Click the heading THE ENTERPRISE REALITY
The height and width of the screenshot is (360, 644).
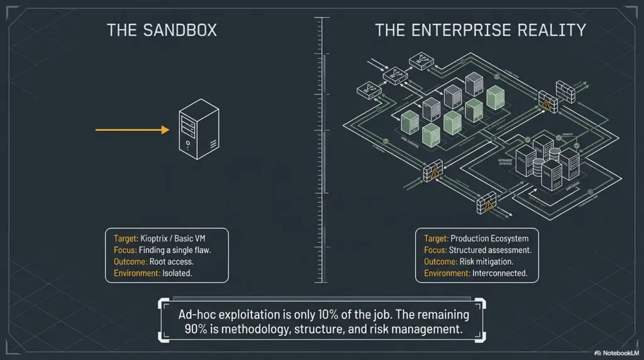click(480, 30)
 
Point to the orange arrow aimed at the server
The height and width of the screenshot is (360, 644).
click(133, 130)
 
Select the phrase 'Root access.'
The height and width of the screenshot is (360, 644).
click(172, 261)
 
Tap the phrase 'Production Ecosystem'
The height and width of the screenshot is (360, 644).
click(490, 239)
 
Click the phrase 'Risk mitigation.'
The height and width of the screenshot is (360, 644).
click(487, 261)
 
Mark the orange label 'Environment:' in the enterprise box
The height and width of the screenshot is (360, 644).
click(447, 273)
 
